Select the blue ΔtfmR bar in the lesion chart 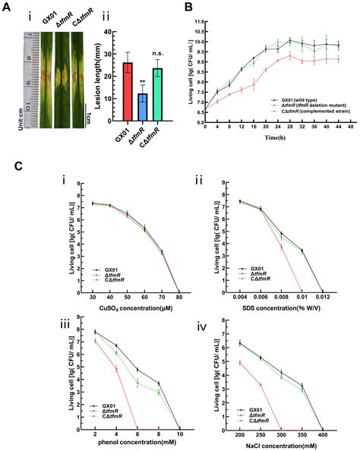(141, 99)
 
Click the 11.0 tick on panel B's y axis (196, 21)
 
